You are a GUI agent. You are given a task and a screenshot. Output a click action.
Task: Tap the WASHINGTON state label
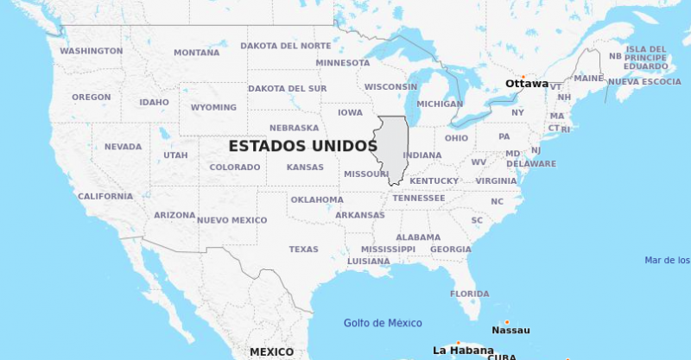coord(91,51)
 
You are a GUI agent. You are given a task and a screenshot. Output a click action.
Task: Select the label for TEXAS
coord(303,249)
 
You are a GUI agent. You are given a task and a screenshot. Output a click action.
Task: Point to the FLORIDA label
coord(469,294)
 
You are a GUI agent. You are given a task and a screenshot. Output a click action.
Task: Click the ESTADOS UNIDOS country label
coord(302,147)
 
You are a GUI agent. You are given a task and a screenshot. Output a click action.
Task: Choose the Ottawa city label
coord(526,84)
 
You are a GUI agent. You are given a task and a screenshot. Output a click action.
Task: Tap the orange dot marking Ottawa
coord(523,77)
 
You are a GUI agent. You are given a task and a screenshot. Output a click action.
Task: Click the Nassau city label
coord(510,330)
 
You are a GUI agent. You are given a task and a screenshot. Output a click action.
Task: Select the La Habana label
coord(463,351)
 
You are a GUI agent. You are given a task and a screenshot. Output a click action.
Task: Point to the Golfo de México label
coord(383,323)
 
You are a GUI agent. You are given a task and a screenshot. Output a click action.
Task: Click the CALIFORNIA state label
coord(105,197)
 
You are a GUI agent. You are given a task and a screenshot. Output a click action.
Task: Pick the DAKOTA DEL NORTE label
coord(285,46)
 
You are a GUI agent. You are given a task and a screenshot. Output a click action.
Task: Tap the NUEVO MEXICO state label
coord(231,220)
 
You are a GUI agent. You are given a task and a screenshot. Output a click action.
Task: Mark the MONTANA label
coord(196,53)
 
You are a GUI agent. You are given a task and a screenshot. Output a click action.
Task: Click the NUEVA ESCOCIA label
coord(644,82)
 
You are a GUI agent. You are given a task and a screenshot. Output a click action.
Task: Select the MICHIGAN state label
coord(440,104)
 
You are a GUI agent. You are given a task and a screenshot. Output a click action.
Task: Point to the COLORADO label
coord(235,167)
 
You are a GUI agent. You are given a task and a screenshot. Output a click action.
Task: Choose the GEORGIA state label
coord(451,249)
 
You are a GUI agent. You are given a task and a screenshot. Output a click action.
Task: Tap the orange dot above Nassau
coord(507,322)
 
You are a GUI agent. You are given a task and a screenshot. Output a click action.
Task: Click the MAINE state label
coord(588,79)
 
